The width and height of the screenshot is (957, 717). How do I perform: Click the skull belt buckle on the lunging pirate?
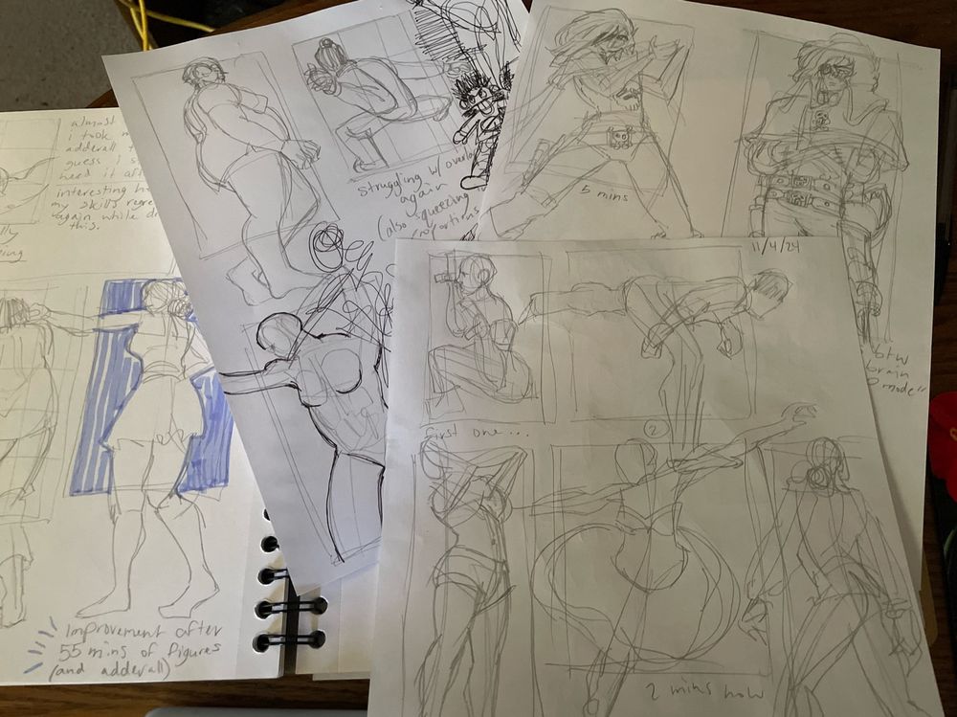coord(618,139)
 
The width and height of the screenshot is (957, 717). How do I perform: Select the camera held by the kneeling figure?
coord(443,278)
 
